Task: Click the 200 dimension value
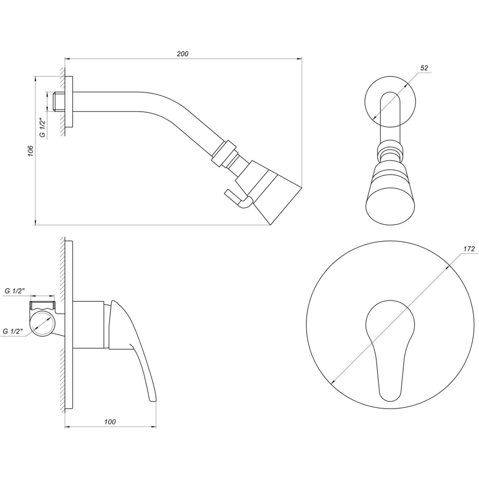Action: point(182,54)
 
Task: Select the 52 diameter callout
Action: point(424,68)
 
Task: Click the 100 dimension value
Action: point(110,422)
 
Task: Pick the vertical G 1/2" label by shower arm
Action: point(42,128)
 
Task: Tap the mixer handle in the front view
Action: point(389,345)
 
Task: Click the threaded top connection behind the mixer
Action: point(43,305)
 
